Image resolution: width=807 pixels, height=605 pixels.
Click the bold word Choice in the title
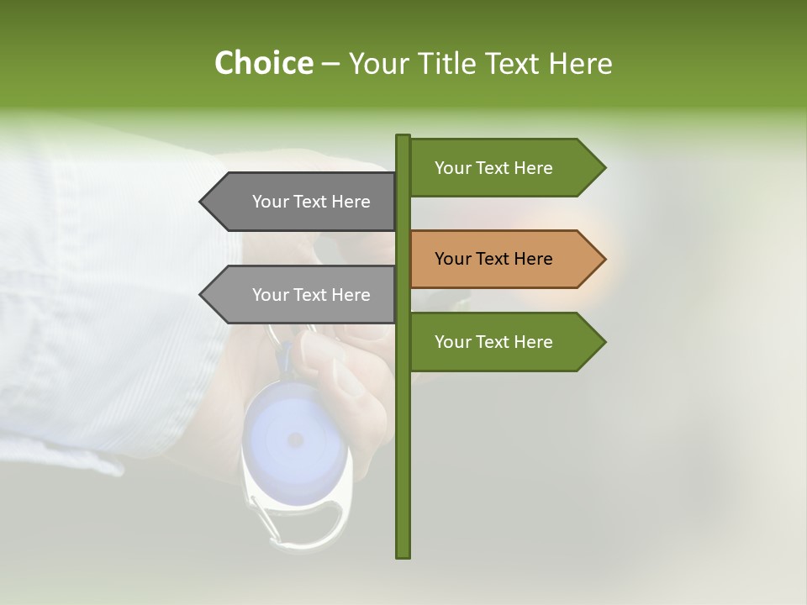click(263, 63)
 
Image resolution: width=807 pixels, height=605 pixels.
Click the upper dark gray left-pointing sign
click(303, 202)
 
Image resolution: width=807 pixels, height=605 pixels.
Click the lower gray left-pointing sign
click(303, 295)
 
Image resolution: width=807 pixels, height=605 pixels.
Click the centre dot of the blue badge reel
click(295, 439)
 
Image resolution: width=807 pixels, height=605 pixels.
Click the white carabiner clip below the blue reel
click(303, 517)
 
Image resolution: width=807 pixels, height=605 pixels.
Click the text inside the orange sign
click(493, 259)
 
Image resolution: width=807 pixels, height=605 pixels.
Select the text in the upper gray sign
click(311, 202)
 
